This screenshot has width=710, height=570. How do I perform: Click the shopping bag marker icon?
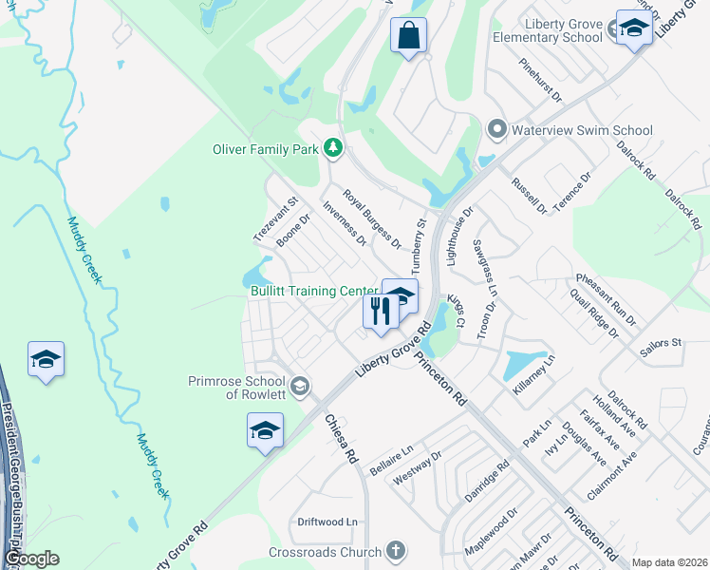408,36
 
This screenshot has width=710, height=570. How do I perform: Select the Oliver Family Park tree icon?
332,147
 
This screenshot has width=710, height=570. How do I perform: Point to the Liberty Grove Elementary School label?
548,28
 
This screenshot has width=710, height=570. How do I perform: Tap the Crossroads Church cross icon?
396,551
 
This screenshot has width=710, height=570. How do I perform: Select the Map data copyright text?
669,562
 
